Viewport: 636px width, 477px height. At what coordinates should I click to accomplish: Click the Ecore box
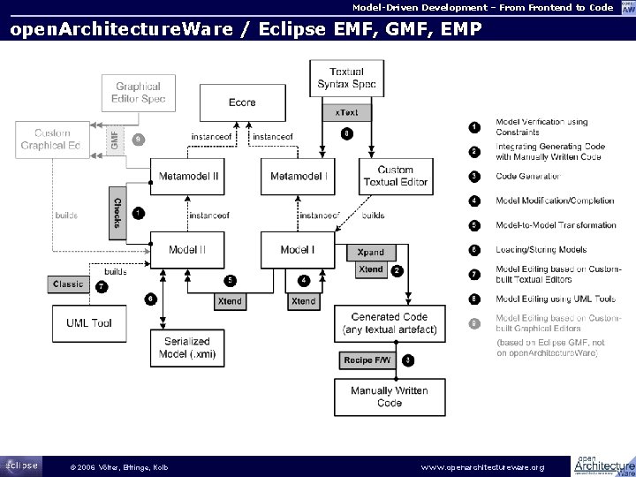(236, 102)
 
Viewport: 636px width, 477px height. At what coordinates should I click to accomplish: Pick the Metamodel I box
(299, 177)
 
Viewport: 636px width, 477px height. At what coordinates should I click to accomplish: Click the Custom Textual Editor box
(396, 176)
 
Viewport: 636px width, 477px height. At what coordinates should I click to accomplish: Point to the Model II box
(188, 250)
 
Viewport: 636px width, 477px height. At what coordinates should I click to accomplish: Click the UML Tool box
(89, 323)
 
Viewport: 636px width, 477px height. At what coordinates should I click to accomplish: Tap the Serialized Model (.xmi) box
(187, 347)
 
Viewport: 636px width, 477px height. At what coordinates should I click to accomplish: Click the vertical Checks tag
(117, 212)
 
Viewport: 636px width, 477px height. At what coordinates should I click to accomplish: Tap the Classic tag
(68, 284)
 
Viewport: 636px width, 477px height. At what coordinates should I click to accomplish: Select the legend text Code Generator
(528, 176)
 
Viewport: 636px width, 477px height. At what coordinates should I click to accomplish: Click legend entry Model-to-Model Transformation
(555, 225)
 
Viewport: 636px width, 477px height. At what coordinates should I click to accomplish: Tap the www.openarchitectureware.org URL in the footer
(483, 466)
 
